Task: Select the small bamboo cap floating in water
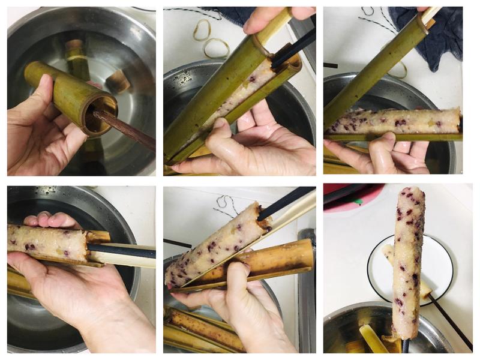pyautogui.click(x=118, y=82)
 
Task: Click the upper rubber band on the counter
pyautogui.click(x=202, y=29)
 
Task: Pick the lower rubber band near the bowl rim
pyautogui.click(x=216, y=47)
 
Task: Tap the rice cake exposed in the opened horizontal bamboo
pyautogui.click(x=393, y=120)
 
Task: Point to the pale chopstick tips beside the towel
pyautogui.click(x=431, y=14)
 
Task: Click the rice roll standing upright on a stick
pyautogui.click(x=409, y=258)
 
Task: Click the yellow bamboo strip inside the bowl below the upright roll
pyautogui.click(x=372, y=339)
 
